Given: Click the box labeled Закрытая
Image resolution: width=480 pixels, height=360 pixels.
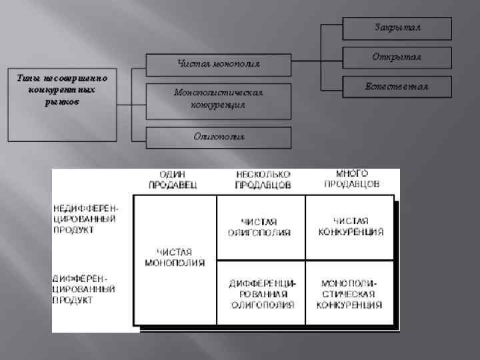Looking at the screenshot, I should pos(397,28).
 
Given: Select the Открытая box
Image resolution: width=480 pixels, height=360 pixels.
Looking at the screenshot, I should pos(397,57).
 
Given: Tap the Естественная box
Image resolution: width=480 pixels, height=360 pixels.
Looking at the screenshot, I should pos(397,87).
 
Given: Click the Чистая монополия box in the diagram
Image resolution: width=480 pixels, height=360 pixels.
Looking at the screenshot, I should pos(219,64).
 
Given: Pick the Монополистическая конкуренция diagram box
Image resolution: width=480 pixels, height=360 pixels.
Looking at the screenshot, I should pos(219,99).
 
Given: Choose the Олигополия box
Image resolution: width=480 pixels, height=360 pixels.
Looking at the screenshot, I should pos(219,137).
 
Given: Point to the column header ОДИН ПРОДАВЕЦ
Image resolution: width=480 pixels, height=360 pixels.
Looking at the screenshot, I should pos(174,178).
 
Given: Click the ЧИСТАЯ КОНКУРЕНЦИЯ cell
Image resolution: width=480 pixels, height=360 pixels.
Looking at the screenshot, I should pos(350,227).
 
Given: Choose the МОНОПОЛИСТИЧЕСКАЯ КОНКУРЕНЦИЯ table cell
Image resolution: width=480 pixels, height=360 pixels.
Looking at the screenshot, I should pos(351,293).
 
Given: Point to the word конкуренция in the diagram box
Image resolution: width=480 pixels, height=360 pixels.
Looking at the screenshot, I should pos(218,105).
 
